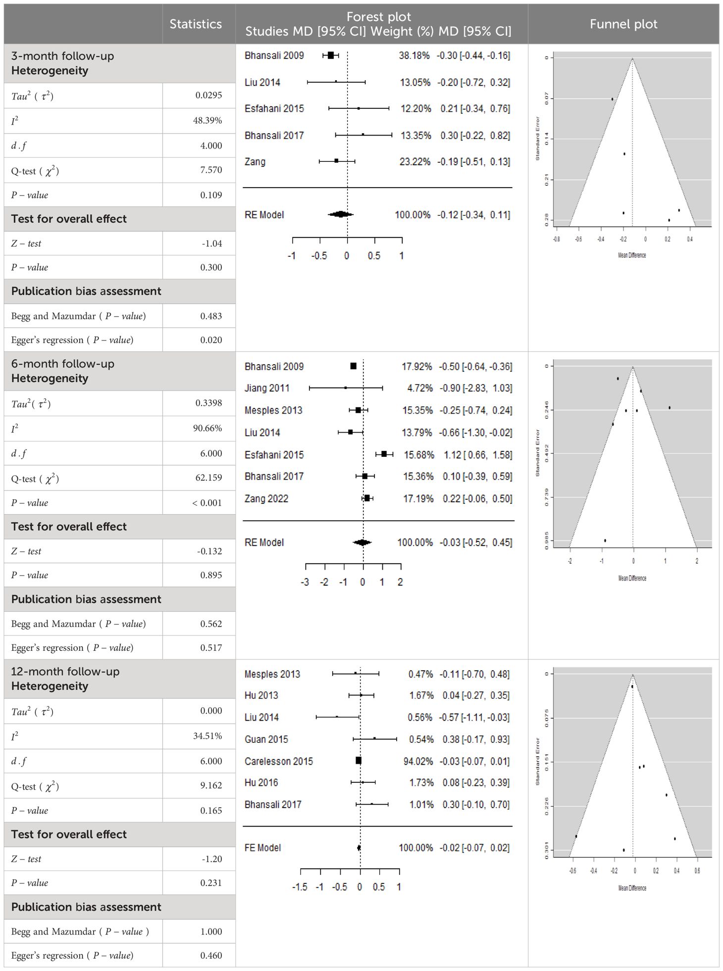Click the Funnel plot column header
[x=623, y=24]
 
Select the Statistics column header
[x=196, y=24]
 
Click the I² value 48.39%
[x=207, y=120]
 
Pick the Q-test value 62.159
[x=208, y=478]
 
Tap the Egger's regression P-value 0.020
[x=211, y=340]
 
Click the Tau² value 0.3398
[x=208, y=403]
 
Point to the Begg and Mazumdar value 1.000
[x=211, y=931]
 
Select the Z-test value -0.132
[x=209, y=551]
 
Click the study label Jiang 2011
[x=267, y=388]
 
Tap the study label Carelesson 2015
[x=279, y=761]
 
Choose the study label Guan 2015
[x=266, y=739]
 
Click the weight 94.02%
[x=418, y=761]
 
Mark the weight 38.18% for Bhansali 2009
[x=414, y=55]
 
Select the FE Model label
[x=263, y=848]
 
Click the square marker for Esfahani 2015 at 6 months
[x=384, y=454]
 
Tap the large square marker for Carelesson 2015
[x=359, y=761]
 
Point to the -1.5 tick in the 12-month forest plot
[x=300, y=887]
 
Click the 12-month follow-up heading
[x=65, y=672]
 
